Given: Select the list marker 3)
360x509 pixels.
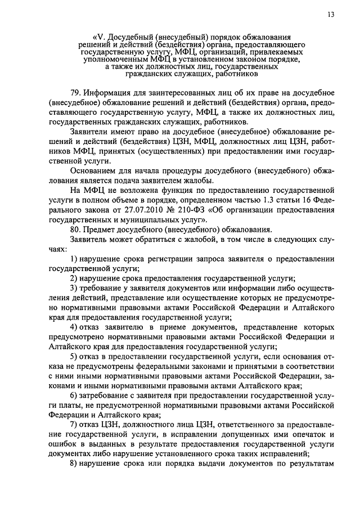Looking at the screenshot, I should [74, 287].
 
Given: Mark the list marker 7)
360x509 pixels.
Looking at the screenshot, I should [74, 424].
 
